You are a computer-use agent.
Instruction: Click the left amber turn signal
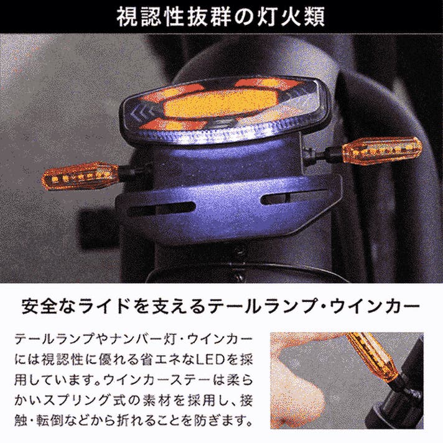(80, 175)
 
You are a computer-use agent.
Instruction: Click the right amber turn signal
(382, 150)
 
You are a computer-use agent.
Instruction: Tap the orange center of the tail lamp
(220, 103)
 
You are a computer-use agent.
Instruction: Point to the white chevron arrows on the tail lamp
(141, 113)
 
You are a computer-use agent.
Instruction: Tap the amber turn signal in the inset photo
(370, 356)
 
